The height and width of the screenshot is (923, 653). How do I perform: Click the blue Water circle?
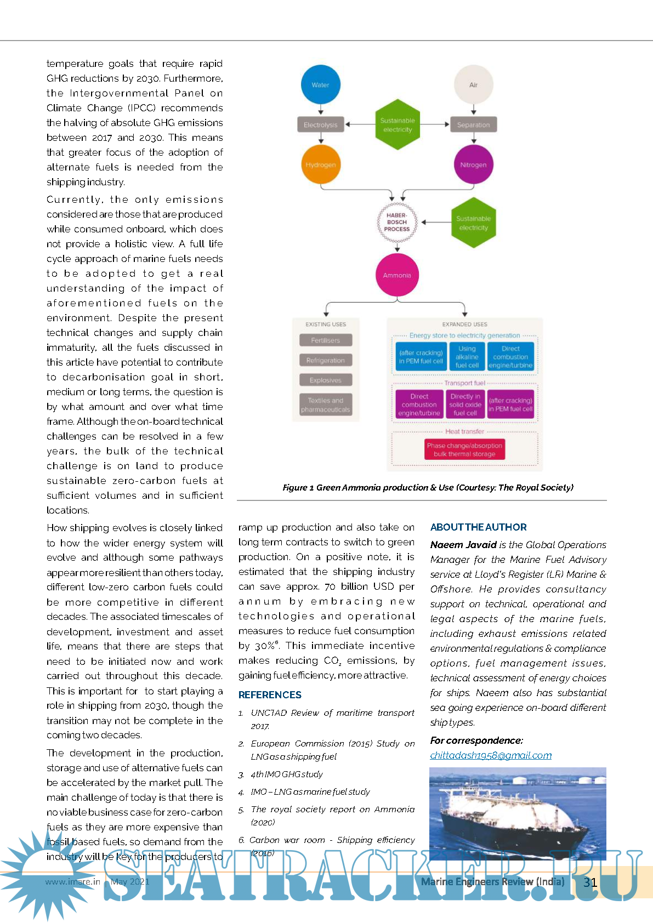click(321, 85)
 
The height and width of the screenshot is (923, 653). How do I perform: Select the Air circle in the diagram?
click(473, 85)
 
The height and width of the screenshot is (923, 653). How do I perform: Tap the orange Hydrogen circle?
click(321, 164)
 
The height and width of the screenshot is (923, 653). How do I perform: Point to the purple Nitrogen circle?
click(473, 164)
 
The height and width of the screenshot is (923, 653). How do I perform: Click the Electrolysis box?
click(321, 125)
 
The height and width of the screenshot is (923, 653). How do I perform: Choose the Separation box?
click(473, 125)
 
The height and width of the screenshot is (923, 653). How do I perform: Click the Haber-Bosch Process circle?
click(397, 223)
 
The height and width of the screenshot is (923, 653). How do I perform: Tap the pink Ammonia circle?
click(397, 275)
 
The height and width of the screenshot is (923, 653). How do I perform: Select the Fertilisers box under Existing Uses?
click(326, 340)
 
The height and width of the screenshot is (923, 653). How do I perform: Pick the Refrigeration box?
click(326, 361)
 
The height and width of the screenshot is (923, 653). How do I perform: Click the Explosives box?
click(326, 380)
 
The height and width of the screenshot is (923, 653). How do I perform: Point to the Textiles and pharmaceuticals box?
click(326, 405)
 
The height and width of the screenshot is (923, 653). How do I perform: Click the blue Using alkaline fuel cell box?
click(467, 357)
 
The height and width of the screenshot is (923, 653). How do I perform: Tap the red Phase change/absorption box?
click(464, 450)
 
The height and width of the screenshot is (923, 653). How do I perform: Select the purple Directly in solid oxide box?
click(465, 404)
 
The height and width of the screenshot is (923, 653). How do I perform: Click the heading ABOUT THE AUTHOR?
click(478, 527)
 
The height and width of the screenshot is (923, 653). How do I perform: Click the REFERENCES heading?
click(270, 695)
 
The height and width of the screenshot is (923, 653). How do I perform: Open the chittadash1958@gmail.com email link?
click(491, 755)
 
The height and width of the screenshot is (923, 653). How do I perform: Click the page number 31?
click(590, 882)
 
